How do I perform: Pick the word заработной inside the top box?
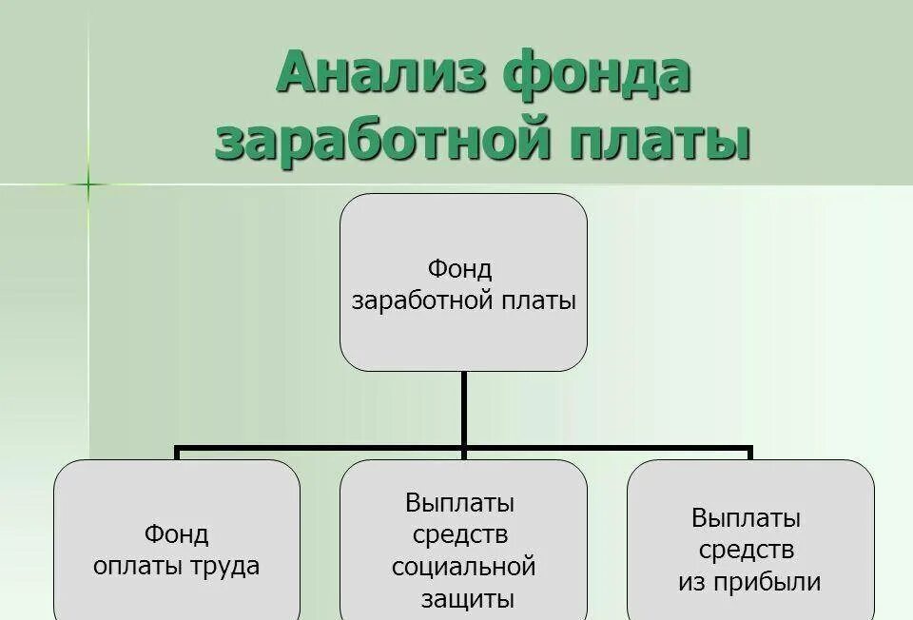[x=422, y=301]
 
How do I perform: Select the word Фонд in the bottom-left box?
[x=177, y=533]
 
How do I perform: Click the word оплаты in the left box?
[x=129, y=567]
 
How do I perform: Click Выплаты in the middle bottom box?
[x=459, y=501]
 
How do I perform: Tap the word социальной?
[x=464, y=567]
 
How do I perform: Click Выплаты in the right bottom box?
[x=747, y=518]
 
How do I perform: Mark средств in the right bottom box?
[x=747, y=551]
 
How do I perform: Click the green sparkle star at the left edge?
[x=88, y=184]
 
